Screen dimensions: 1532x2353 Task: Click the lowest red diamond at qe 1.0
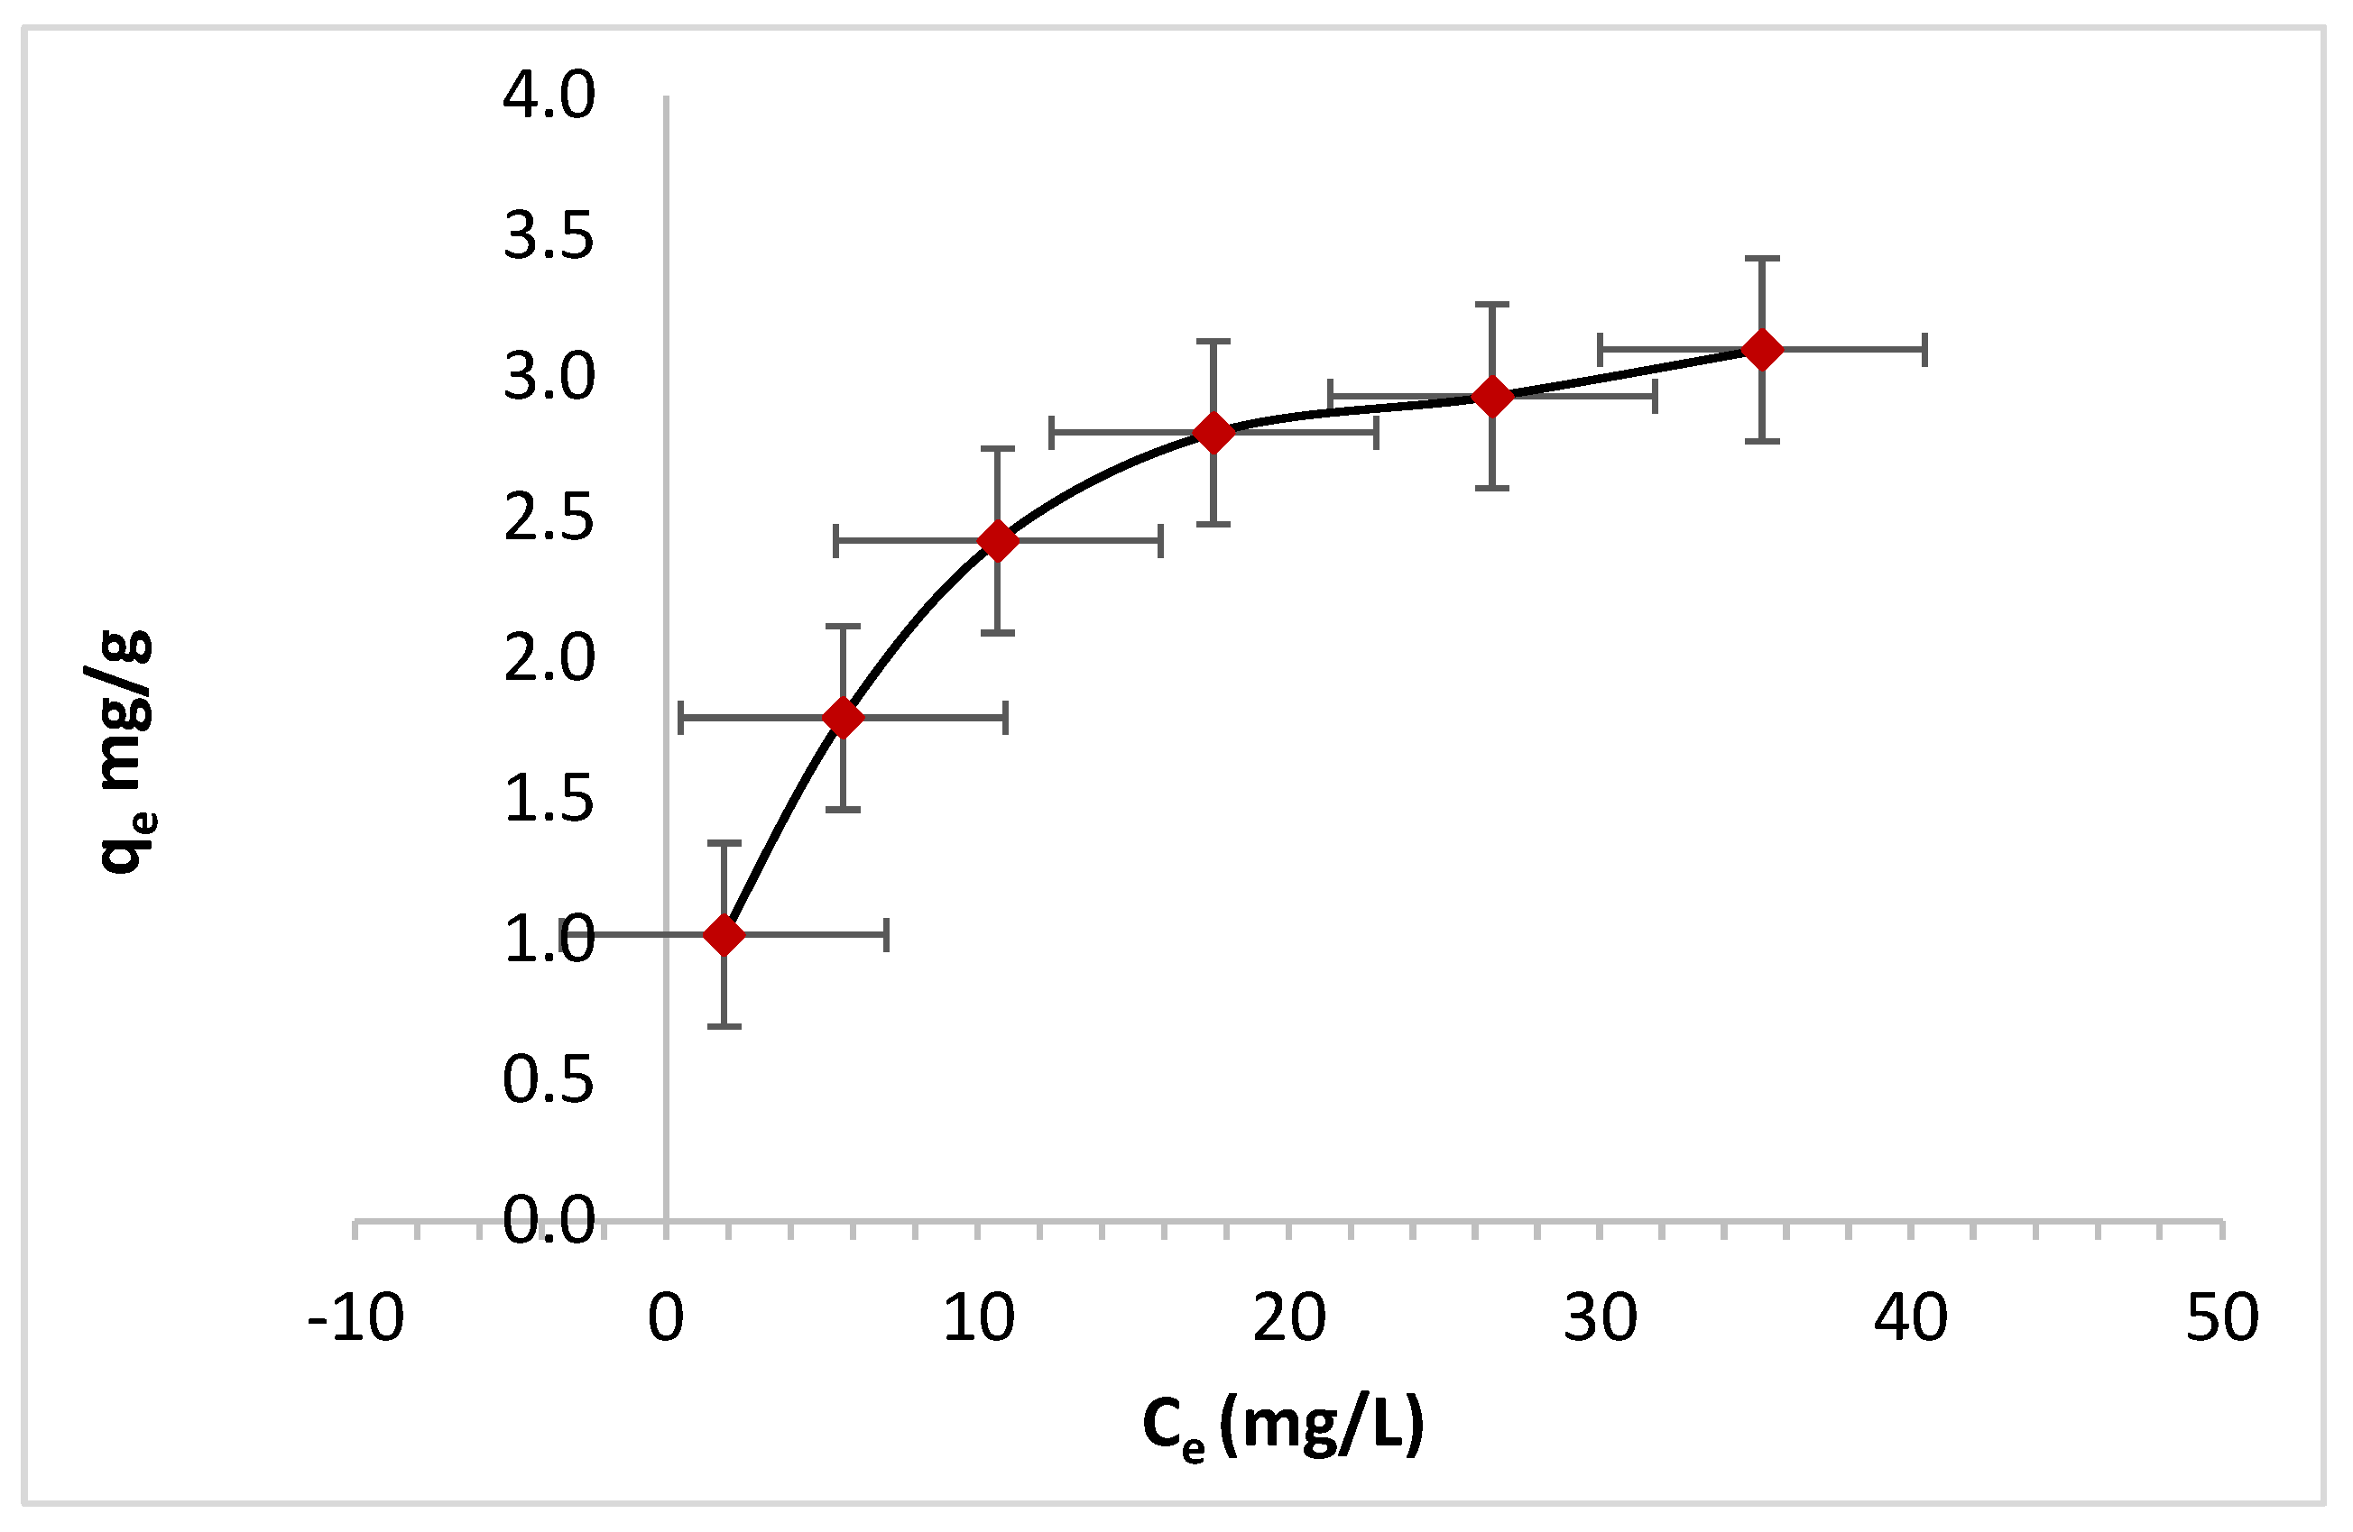point(724,934)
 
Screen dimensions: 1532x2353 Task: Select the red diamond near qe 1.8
point(843,718)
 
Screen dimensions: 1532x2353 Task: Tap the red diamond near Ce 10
point(998,541)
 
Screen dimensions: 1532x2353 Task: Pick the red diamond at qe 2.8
point(1213,433)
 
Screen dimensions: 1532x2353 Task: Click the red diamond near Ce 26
point(1492,397)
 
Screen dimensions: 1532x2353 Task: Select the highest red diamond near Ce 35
point(1762,349)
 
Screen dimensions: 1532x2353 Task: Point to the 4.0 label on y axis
point(549,96)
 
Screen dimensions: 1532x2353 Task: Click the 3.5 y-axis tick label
point(549,237)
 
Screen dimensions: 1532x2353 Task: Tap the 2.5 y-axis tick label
point(549,518)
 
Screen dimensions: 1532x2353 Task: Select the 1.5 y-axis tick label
point(549,799)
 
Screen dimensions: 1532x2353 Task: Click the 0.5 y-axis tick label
point(549,1079)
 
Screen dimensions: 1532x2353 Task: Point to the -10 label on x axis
point(355,1317)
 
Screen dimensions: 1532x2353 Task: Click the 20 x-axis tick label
point(1288,1317)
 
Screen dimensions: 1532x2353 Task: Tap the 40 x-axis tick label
point(1910,1317)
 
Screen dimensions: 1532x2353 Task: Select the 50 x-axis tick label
point(2221,1317)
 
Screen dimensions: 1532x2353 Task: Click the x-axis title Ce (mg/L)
point(1282,1426)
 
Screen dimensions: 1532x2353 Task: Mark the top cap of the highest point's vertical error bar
point(1762,259)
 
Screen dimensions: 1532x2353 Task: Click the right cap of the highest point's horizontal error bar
point(1924,349)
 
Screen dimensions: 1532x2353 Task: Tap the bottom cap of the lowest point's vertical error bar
point(724,1026)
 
